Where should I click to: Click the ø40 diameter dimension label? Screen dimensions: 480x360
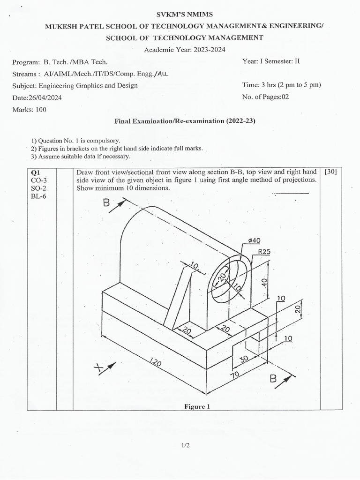254,240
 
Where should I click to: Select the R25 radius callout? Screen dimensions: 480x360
264,252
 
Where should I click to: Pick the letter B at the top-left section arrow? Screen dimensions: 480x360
106,204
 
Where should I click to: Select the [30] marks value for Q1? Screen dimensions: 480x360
330,172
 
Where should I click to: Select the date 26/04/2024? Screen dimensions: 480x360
37,97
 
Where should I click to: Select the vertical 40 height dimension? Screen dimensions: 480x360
264,282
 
